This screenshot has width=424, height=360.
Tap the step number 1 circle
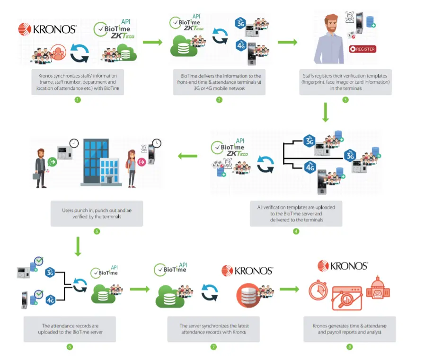[x=78, y=100]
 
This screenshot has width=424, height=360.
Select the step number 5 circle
[x=97, y=232]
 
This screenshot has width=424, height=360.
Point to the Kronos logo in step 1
[x=47, y=29]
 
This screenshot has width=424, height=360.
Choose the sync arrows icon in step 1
[x=79, y=53]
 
